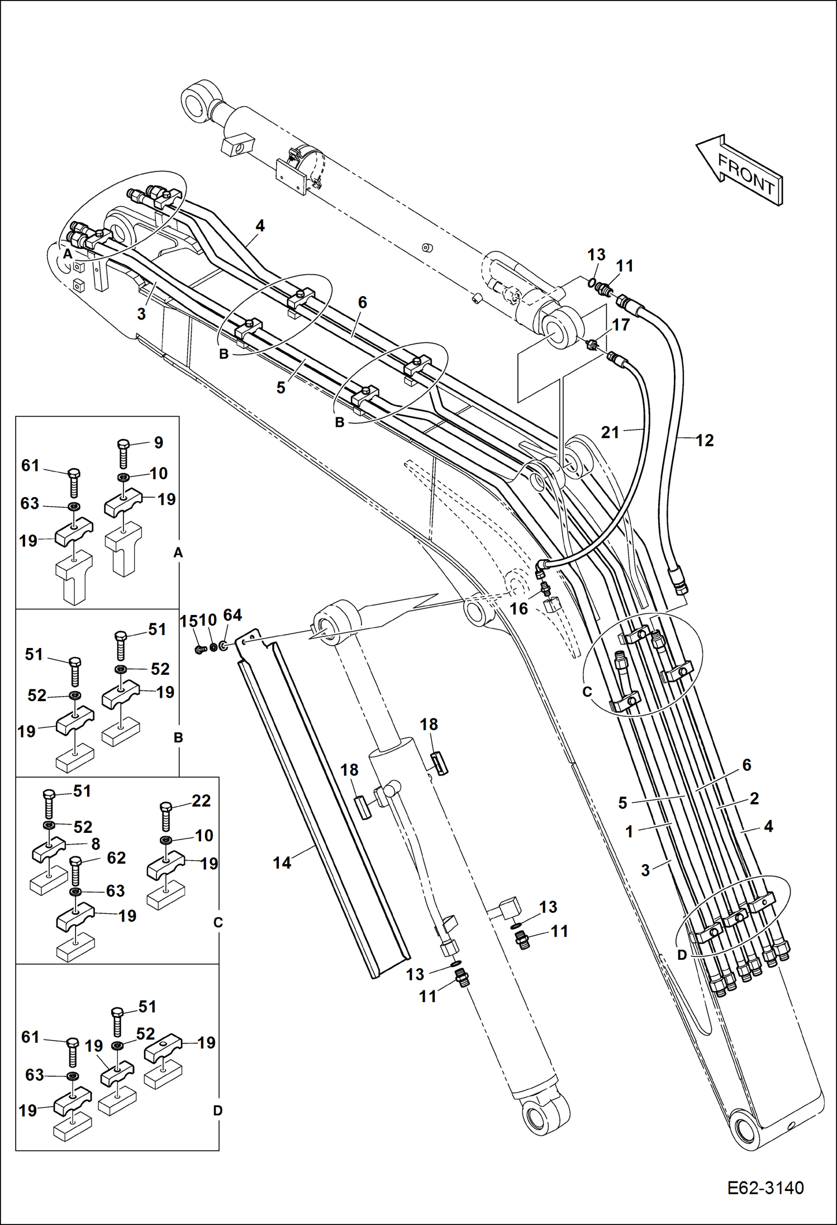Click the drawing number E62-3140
(x=765, y=1188)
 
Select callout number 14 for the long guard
(x=282, y=863)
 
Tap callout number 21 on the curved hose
(x=610, y=432)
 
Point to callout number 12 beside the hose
(x=705, y=440)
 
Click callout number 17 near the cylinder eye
(x=621, y=325)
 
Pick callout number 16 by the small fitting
(x=519, y=609)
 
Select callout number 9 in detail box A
(x=159, y=442)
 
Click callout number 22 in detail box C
(x=201, y=800)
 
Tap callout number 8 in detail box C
(x=96, y=844)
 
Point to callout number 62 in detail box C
(x=116, y=857)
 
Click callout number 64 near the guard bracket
(x=232, y=615)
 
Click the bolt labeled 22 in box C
(x=165, y=816)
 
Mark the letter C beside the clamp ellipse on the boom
(x=587, y=692)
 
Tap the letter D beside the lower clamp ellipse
(x=682, y=955)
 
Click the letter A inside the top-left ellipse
(x=68, y=254)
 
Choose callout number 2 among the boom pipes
(x=754, y=798)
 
